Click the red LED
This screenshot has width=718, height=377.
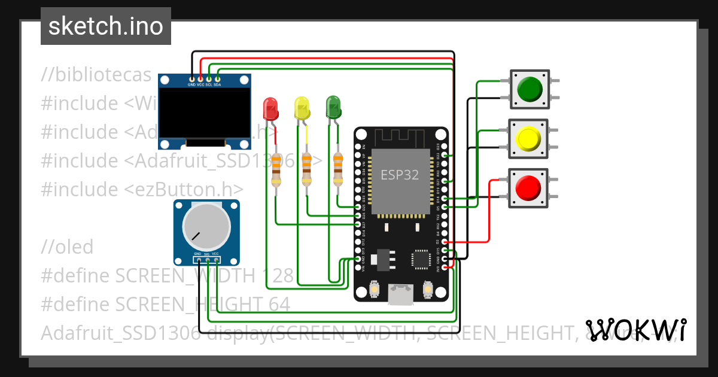[271, 109]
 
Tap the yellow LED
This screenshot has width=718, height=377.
[303, 108]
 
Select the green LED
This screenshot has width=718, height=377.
[333, 108]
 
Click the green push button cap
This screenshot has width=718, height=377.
[529, 89]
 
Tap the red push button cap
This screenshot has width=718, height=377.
[528, 188]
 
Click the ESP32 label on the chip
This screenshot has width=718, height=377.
[400, 175]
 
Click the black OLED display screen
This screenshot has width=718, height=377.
[204, 113]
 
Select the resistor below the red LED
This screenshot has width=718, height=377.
[276, 171]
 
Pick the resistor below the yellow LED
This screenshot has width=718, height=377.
[307, 171]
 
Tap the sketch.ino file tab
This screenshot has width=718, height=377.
[106, 26]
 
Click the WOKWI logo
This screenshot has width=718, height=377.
[636, 330]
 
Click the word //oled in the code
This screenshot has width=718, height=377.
[68, 247]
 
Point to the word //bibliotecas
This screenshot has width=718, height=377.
[96, 75]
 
